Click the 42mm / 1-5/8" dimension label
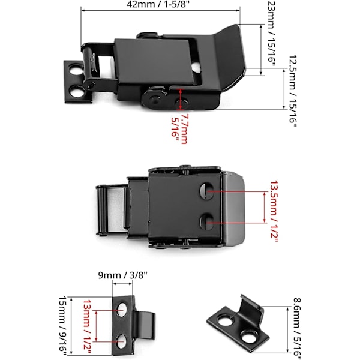[x=158, y=5]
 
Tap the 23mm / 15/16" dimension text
[x=271, y=34]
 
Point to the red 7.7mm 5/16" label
[x=179, y=128]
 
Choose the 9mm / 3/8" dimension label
[x=123, y=275]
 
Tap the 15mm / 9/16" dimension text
[x=62, y=327]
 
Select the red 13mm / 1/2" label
[x=87, y=327]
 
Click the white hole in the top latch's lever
[x=196, y=67]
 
